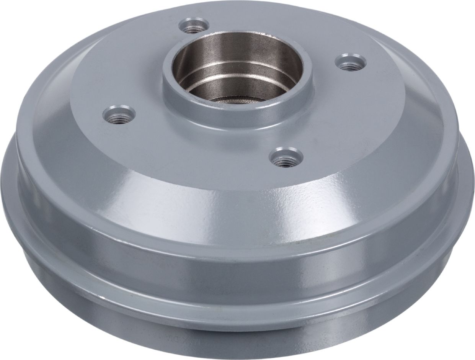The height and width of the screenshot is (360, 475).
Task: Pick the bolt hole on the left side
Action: pyautogui.click(x=119, y=114)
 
